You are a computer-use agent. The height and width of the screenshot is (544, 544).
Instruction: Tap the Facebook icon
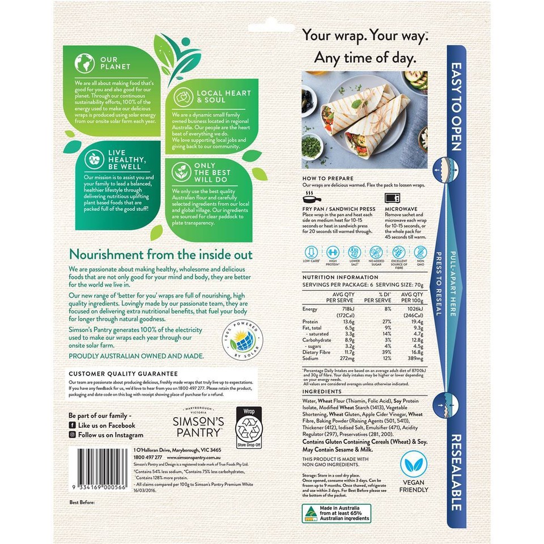(x=72, y=425)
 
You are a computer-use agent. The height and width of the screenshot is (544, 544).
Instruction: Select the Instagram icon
(x=72, y=435)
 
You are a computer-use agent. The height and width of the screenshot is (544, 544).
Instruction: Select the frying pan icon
(x=311, y=198)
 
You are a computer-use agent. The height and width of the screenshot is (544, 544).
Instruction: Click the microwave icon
(x=392, y=198)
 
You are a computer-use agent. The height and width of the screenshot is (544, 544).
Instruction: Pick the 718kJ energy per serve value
(x=347, y=309)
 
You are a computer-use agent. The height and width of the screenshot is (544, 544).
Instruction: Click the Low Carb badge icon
(x=311, y=253)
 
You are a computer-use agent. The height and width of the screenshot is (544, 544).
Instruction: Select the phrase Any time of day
(x=365, y=57)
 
